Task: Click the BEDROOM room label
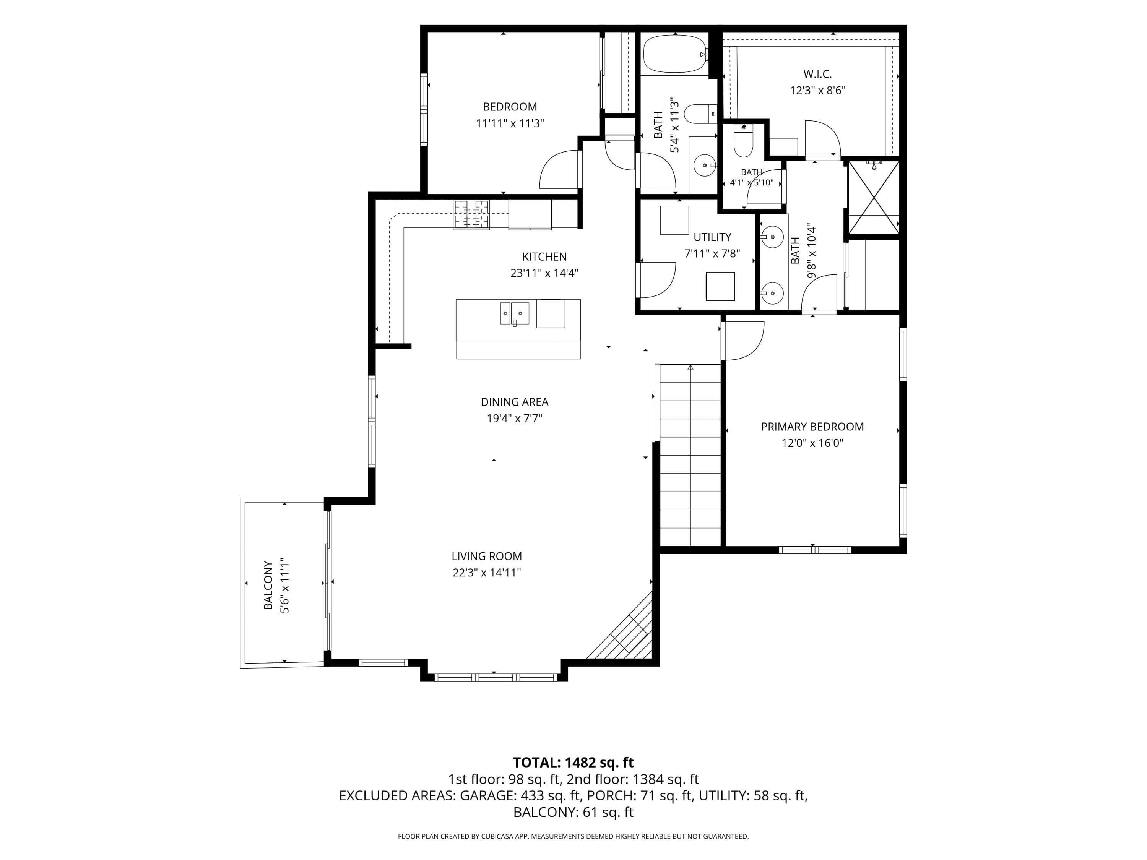tap(510, 107)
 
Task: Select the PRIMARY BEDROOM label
tap(812, 427)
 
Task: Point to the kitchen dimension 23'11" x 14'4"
tap(544, 273)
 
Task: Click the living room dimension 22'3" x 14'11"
tap(486, 572)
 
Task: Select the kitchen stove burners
tap(471, 214)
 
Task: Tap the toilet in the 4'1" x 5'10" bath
tap(744, 141)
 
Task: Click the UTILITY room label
tap(712, 237)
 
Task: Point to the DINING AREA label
tap(514, 402)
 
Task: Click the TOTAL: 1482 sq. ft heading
tap(573, 763)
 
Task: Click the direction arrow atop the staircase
tap(690, 368)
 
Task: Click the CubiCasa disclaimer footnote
tap(573, 836)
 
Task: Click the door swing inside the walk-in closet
tap(822, 138)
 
